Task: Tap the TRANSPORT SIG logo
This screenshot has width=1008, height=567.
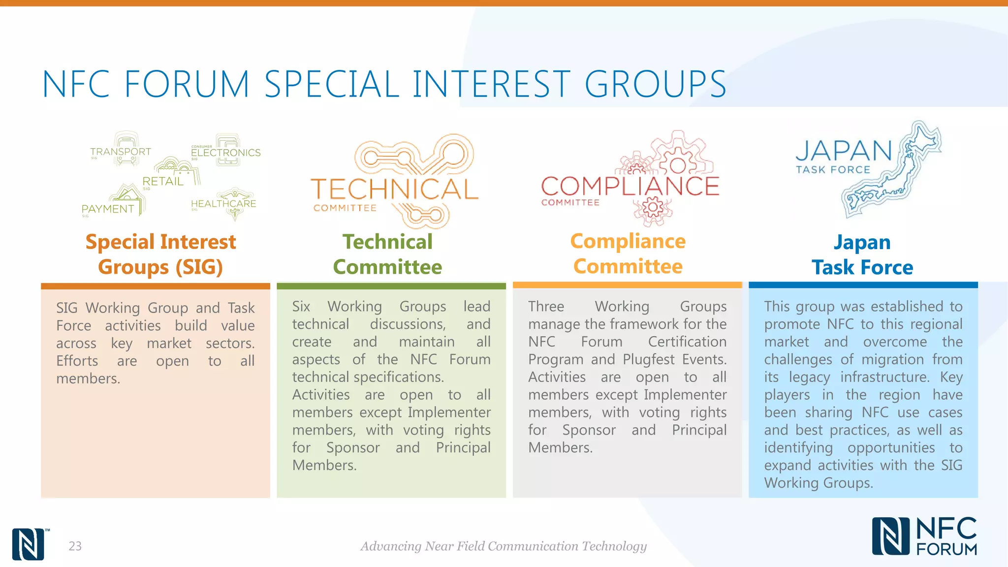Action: click(x=121, y=150)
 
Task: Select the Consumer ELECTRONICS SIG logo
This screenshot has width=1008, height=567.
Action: click(x=226, y=151)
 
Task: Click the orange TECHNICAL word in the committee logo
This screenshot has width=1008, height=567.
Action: click(x=394, y=189)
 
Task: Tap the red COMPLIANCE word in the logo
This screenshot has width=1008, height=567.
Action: click(x=630, y=186)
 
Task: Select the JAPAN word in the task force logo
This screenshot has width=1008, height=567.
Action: click(x=844, y=151)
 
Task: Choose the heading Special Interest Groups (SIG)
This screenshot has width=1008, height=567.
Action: click(x=160, y=254)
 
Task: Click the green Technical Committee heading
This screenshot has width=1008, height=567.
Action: click(x=387, y=254)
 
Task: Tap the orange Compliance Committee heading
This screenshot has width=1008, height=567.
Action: click(x=628, y=254)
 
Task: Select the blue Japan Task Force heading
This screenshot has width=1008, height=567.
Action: click(x=862, y=255)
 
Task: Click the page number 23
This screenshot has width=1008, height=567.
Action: click(x=75, y=546)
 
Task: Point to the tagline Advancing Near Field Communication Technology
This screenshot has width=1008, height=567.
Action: click(x=503, y=546)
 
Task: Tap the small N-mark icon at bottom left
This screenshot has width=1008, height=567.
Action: click(x=29, y=544)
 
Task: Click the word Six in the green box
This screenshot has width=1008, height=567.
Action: click(x=301, y=306)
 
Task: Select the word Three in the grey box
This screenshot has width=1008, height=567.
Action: click(x=546, y=306)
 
